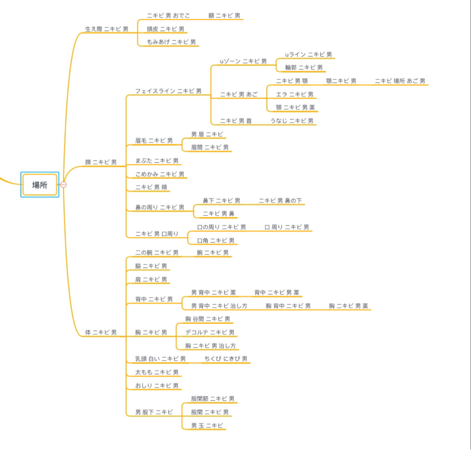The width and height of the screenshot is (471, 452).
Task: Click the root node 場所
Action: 40,185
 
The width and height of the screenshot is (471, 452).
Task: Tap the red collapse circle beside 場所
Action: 64,184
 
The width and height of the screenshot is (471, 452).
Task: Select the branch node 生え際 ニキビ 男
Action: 107,29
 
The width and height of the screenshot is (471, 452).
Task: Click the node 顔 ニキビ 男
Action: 101,162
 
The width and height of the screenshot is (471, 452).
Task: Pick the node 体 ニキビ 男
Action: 101,332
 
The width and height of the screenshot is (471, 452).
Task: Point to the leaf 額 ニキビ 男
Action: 224,16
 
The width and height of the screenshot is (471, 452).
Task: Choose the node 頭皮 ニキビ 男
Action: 165,29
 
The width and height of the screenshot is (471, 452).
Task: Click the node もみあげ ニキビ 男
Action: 171,42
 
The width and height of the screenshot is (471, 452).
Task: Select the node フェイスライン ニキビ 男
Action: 168,91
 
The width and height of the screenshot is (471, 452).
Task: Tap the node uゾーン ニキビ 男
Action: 243,61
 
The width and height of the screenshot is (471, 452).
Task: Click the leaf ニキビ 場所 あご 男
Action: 400,81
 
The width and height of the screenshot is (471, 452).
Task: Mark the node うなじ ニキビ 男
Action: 292,121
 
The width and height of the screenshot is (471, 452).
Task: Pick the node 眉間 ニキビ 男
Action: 210,147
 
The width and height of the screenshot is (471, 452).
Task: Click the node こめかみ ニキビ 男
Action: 160,174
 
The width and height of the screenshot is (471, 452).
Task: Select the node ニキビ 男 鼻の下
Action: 280,201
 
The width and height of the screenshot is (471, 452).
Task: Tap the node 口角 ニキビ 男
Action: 216,241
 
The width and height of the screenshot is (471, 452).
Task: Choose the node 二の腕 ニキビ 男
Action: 157,253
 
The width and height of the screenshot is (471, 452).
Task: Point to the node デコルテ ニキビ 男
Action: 210,332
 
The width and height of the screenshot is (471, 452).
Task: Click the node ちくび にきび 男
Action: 226,359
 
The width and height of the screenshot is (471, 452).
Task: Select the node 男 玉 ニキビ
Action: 207,426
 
